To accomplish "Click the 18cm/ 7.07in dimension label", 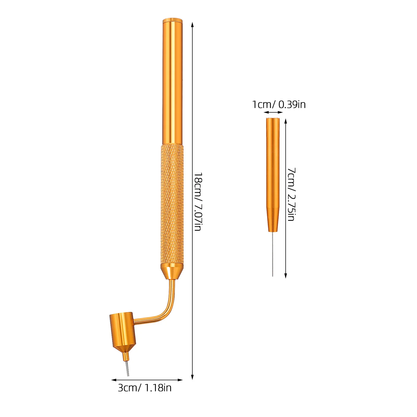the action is pyautogui.click(x=198, y=201).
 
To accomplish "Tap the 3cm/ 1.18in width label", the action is pyautogui.click(x=145, y=388).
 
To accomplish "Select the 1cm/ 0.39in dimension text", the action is pyautogui.click(x=279, y=105).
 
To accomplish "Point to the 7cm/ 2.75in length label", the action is pyautogui.click(x=291, y=194).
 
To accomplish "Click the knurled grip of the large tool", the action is pyautogui.click(x=172, y=204).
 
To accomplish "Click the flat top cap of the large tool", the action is pyautogui.click(x=173, y=20).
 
